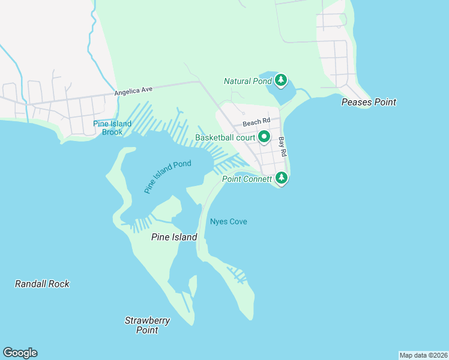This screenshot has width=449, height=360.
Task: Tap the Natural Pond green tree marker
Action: click(x=281, y=80)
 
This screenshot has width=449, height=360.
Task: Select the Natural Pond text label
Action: click(x=248, y=81)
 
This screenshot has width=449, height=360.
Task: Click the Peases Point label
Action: click(x=369, y=102)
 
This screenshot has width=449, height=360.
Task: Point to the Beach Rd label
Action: click(x=253, y=123)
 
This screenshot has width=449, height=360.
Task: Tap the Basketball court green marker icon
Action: click(x=264, y=138)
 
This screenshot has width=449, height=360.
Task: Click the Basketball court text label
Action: click(x=226, y=138)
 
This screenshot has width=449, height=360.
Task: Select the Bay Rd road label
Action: click(x=282, y=148)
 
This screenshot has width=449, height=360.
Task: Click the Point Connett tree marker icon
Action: click(x=281, y=178)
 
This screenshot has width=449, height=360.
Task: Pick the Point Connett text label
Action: click(x=247, y=179)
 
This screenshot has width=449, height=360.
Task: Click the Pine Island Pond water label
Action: click(x=167, y=176)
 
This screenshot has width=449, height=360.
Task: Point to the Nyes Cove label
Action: click(x=228, y=221)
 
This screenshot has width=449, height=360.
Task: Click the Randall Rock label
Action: click(x=42, y=284)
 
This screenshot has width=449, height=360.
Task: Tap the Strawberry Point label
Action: click(x=147, y=325)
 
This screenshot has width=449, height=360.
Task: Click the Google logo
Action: click(x=20, y=353)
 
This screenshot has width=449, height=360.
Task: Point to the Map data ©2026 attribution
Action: click(x=423, y=355)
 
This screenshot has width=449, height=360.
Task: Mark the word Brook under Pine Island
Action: click(x=112, y=132)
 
